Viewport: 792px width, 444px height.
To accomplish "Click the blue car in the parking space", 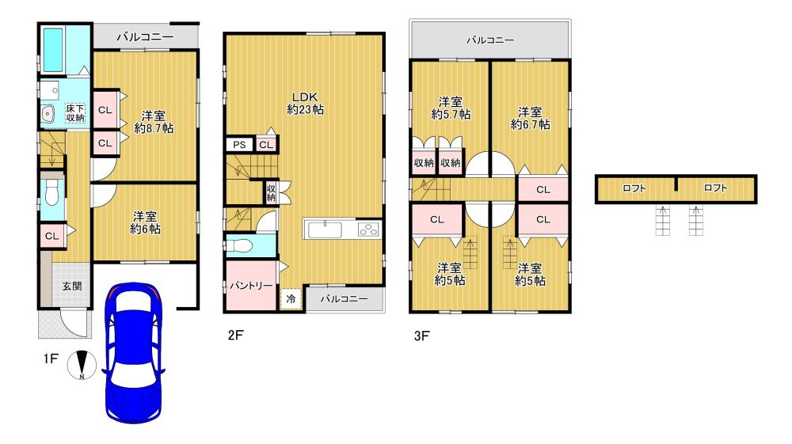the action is (x=133, y=352).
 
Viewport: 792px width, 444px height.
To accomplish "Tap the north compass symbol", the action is (x=82, y=364).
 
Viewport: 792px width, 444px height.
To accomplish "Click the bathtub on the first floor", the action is (x=53, y=50).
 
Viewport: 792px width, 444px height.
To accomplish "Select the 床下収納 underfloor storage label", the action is (x=75, y=113).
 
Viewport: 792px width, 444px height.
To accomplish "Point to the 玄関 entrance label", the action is (x=72, y=286).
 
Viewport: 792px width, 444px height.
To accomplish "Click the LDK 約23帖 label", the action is (x=306, y=103).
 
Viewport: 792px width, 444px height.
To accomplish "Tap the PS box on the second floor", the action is (x=239, y=145).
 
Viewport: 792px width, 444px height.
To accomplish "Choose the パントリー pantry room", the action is (x=251, y=286).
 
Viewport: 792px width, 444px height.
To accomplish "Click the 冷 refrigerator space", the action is (x=291, y=298).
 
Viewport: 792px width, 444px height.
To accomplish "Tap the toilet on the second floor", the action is (x=238, y=246).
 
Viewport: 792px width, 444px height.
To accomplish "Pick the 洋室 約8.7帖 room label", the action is (x=154, y=122).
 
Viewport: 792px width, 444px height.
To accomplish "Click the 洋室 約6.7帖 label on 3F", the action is (x=530, y=118).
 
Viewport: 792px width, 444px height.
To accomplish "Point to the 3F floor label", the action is (x=422, y=336).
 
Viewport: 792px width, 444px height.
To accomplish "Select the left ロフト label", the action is (x=634, y=188).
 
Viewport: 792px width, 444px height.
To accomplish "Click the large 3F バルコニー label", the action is (x=490, y=40).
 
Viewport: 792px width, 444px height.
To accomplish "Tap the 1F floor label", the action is (x=51, y=359).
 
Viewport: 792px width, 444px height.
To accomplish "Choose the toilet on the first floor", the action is (x=51, y=192).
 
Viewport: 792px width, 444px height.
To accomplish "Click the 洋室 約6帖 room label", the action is (x=146, y=222).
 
